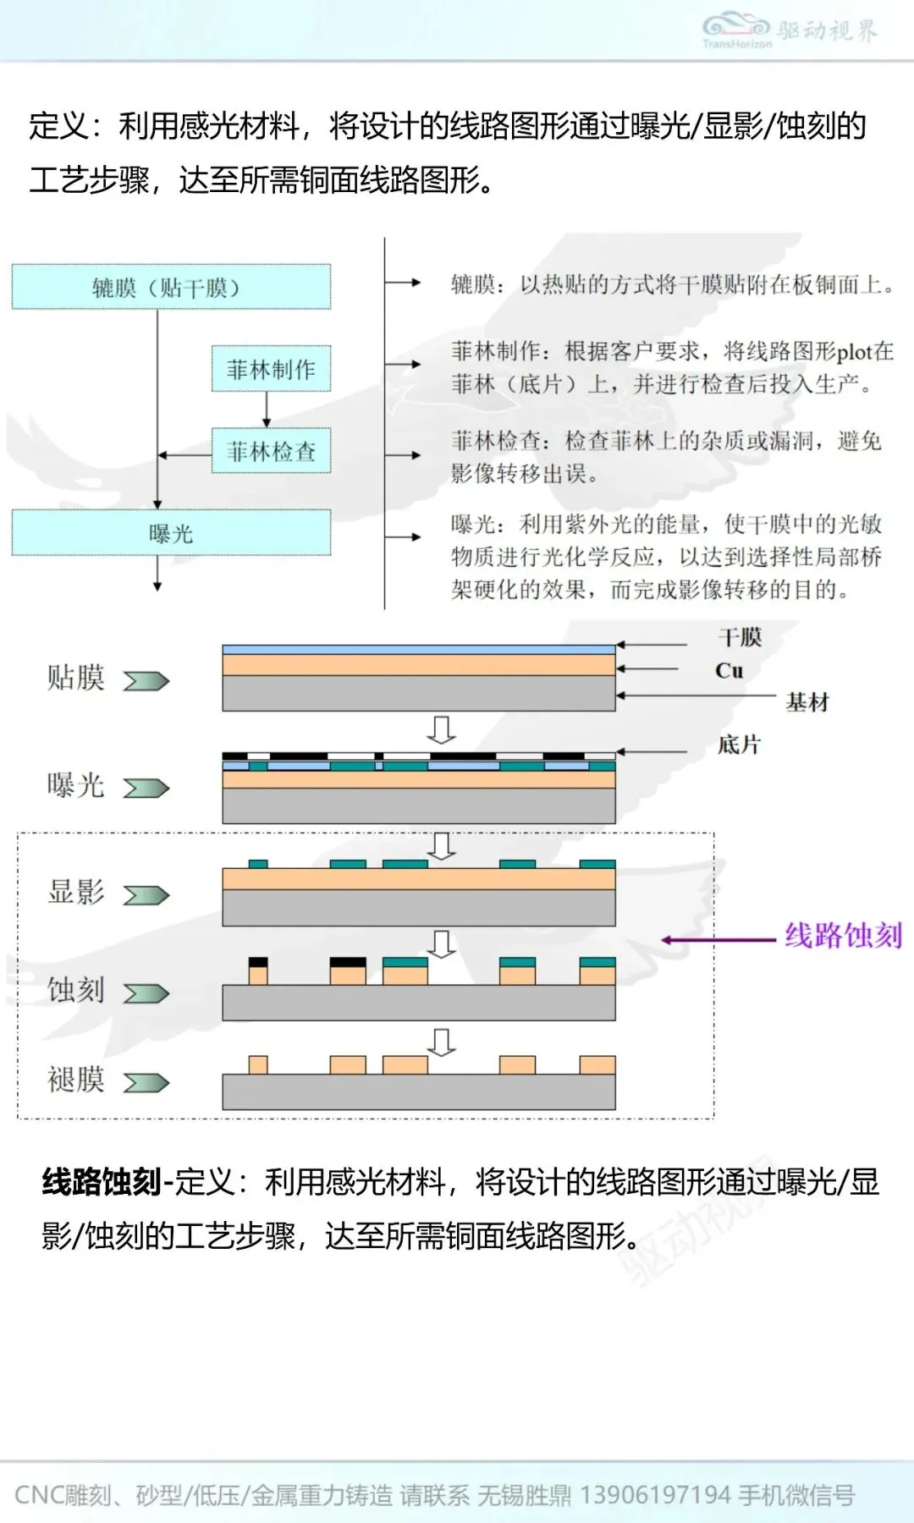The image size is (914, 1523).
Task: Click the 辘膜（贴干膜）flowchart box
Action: tap(171, 287)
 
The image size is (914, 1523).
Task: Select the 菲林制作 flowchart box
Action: tap(271, 369)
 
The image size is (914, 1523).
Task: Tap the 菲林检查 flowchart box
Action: tap(271, 451)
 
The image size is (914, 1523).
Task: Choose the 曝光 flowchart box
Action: tap(171, 533)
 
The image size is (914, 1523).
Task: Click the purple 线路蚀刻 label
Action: tap(843, 936)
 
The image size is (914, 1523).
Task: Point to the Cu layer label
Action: tap(729, 671)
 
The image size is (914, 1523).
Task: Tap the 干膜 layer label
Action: tap(740, 637)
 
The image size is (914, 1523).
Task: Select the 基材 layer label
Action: tap(807, 702)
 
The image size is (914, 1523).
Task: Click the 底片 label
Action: tap(739, 745)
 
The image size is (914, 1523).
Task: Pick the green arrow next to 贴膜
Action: tap(146, 681)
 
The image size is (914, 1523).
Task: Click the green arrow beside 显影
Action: tap(146, 895)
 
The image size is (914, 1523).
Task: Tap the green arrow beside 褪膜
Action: tap(146, 1083)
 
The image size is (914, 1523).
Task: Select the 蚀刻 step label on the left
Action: tap(76, 989)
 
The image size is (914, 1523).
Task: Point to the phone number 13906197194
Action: tap(655, 1495)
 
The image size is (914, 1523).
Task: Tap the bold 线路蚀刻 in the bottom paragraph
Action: tap(102, 1182)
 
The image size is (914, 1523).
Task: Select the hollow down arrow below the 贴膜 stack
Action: tap(441, 729)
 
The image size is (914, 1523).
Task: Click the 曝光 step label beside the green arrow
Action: tap(76, 785)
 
